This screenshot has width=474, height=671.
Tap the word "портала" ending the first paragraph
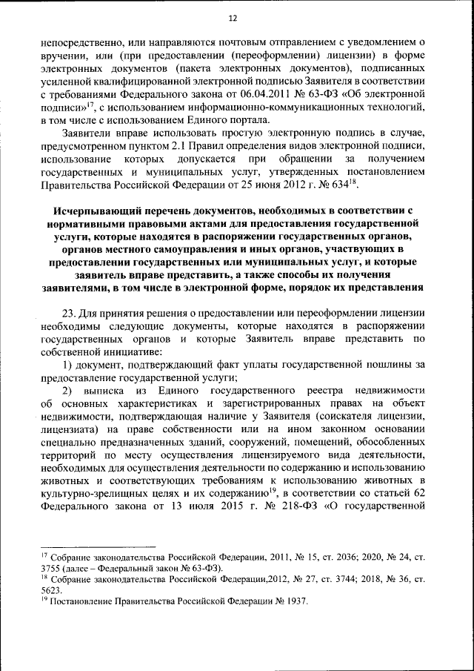click(250, 121)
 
